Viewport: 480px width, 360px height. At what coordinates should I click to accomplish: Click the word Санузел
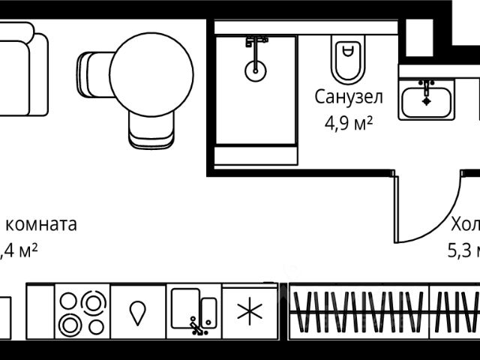point(348,97)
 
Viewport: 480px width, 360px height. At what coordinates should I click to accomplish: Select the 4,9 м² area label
point(348,122)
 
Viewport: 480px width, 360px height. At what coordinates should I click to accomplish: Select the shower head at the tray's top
point(256,41)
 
